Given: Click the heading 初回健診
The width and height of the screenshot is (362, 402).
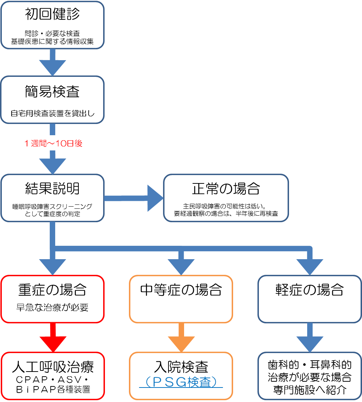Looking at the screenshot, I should click(x=52, y=14).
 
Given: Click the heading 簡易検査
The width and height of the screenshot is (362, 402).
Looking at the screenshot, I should click(x=52, y=92).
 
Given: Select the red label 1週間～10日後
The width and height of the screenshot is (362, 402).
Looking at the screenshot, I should click(x=53, y=143).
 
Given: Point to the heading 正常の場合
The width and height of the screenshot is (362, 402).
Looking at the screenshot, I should click(x=226, y=189).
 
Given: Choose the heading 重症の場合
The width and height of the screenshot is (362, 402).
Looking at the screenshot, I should click(x=52, y=290).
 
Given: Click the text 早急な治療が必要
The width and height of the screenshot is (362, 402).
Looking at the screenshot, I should click(x=52, y=308).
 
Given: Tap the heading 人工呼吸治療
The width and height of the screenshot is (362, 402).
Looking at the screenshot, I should click(x=53, y=367).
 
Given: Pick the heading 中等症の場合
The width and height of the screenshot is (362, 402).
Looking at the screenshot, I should click(x=181, y=290).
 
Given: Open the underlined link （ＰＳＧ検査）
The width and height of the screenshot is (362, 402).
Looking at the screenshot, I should click(x=181, y=382).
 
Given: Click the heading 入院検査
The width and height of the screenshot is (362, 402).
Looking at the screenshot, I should click(x=181, y=367).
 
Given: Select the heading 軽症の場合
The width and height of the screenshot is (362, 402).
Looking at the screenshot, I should click(x=310, y=290).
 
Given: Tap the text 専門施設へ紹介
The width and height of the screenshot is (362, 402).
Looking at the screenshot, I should click(x=310, y=390).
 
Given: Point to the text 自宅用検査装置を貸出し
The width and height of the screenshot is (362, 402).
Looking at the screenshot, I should click(x=52, y=113).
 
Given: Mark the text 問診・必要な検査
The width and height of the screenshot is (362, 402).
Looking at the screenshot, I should click(x=52, y=33).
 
